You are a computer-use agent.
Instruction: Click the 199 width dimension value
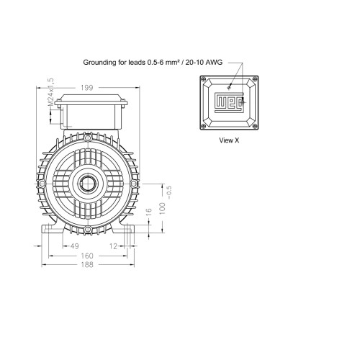[x=86, y=88]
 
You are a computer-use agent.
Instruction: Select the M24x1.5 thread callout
[x=50, y=92]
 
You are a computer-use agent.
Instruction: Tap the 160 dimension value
[x=87, y=256]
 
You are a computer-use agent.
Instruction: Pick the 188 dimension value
[x=87, y=265]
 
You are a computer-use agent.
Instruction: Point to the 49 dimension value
[x=74, y=246]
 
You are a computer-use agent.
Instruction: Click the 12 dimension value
[x=113, y=246]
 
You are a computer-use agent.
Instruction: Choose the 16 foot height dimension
[x=149, y=212]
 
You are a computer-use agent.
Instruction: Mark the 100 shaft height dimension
[x=163, y=209]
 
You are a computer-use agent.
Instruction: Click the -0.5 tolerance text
[x=169, y=192]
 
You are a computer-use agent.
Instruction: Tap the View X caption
[x=229, y=140]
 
